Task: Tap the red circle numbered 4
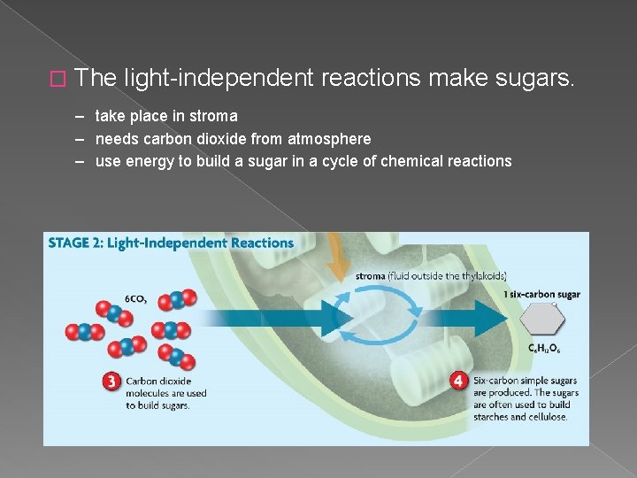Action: coord(458,381)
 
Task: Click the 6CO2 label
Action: coord(134,298)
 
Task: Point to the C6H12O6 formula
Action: coord(543,349)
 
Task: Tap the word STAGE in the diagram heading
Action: coord(73,243)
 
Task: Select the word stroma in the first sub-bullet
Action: coord(215,116)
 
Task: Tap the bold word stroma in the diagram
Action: coord(371,275)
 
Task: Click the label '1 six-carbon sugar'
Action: coord(541,294)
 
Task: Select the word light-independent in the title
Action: coord(219,79)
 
